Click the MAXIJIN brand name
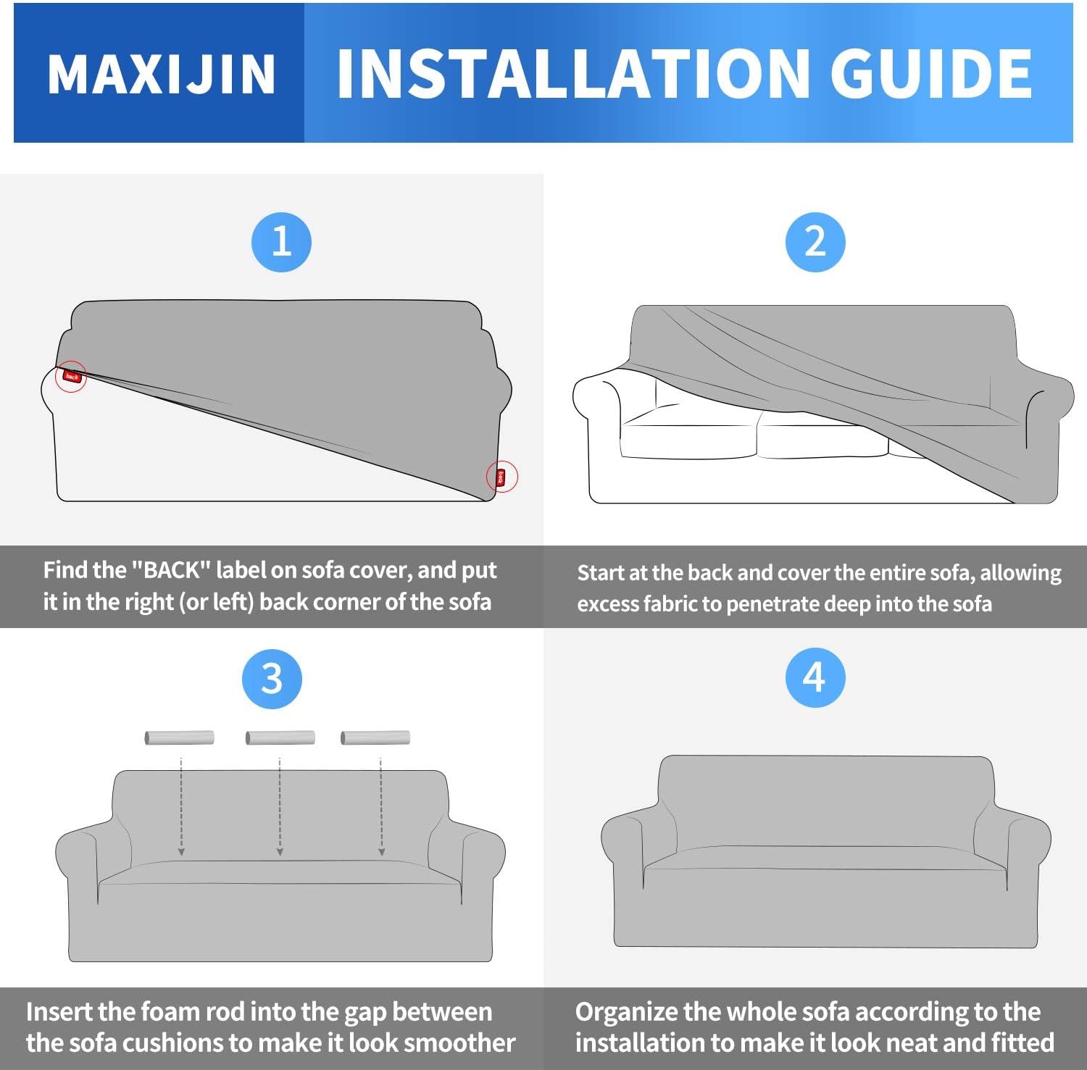click(161, 74)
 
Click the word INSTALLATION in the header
click(572, 74)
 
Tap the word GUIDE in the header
click(930, 74)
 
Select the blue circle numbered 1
click(281, 242)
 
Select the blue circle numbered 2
click(815, 242)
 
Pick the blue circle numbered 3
click(272, 679)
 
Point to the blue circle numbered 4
click(815, 677)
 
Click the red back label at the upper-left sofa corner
click(71, 376)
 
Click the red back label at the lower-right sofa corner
click(501, 477)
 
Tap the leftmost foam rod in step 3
click(179, 737)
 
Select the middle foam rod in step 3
click(280, 737)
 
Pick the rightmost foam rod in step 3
click(375, 737)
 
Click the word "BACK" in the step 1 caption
click(171, 571)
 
